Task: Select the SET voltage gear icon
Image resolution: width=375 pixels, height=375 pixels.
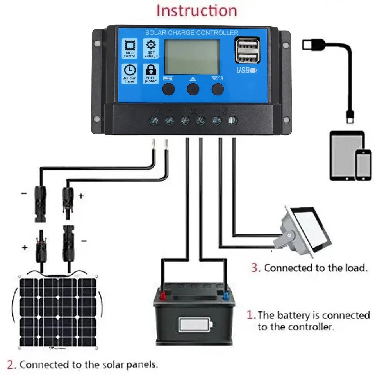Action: pos(151,45)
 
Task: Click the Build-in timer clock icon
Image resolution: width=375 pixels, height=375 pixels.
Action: pos(130,70)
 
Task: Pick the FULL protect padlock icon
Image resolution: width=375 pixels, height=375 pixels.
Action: pos(151,70)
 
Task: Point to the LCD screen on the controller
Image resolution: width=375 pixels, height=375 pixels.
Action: pos(191,57)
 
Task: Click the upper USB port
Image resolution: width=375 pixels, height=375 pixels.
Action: pos(247,45)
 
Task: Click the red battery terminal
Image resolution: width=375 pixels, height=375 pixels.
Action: pos(161,295)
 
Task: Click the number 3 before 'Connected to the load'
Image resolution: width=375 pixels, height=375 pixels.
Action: pos(255,268)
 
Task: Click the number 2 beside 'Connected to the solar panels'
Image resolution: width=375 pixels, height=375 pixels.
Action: pos(12,365)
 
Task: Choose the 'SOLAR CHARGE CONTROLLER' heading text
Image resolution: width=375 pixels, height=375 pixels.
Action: pos(191,33)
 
